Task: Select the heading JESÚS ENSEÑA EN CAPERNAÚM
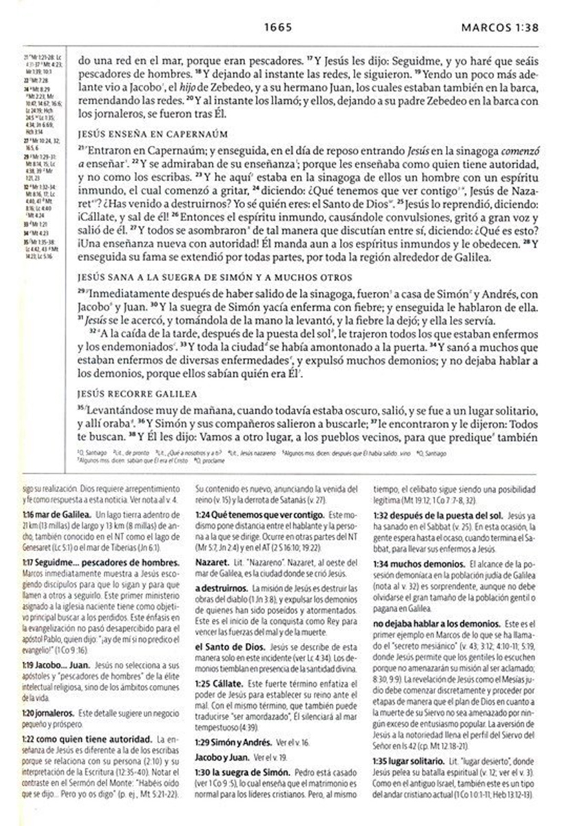152,134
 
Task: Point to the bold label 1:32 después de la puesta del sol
438,514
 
